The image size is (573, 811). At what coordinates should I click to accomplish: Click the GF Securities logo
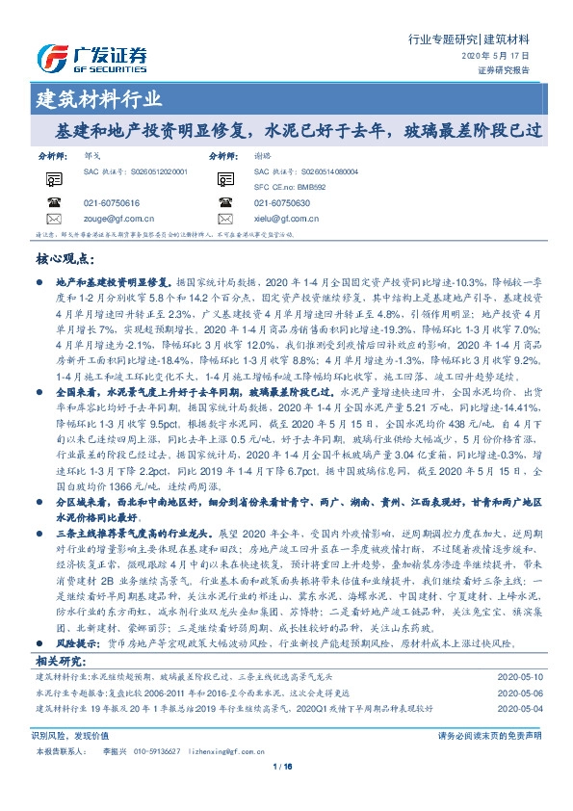click(x=91, y=56)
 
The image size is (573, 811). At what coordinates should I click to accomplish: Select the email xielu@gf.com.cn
click(x=286, y=219)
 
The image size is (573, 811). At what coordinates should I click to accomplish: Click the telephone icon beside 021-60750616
click(x=53, y=203)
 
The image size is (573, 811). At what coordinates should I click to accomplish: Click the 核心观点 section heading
click(x=65, y=258)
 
